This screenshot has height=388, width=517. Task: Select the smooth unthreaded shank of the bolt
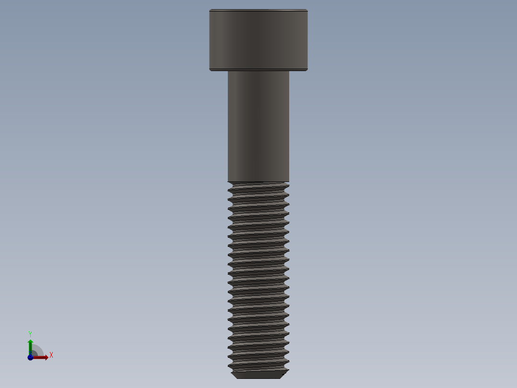coord(258,126)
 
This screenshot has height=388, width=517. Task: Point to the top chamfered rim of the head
coord(258,10)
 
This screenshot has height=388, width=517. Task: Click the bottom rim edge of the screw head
coord(258,70)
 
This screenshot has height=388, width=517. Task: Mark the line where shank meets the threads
coord(258,182)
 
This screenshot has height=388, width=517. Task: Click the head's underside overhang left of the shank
coord(219,71)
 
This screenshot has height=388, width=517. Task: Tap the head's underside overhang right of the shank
coord(298,71)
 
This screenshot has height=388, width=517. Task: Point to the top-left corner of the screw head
coord(211,11)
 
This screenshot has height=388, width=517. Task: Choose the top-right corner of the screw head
coord(306,11)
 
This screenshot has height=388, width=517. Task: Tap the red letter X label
coord(51,355)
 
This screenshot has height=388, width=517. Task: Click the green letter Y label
coord(30,333)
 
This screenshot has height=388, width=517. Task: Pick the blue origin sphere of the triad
coord(30,357)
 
